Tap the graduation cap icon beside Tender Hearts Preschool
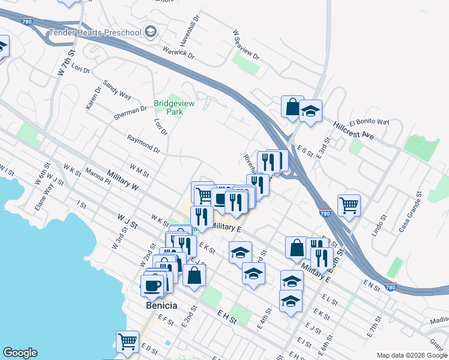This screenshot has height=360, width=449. click(x=151, y=31)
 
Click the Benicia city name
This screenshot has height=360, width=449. click(x=161, y=305)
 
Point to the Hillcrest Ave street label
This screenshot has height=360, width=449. click(x=354, y=131)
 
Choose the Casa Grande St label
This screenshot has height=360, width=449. click(x=411, y=211)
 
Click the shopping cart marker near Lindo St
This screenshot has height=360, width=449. click(x=349, y=205)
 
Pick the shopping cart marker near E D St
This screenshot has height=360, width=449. click(x=127, y=341)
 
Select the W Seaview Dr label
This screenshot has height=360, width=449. click(x=246, y=46)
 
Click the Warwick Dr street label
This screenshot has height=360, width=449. click(x=179, y=52)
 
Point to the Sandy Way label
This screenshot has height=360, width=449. click(x=117, y=89)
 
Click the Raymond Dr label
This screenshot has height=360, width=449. click(x=143, y=144)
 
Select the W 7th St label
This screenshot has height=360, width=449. click(x=65, y=62)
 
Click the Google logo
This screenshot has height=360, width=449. click(x=20, y=353)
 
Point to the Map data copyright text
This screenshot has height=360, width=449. click(x=412, y=355)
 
